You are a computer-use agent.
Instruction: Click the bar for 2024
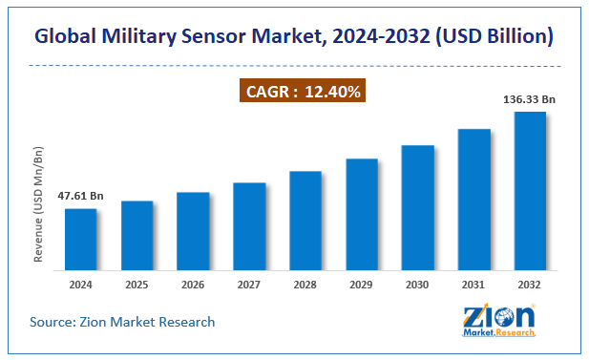click(x=81, y=238)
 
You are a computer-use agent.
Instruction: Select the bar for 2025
click(x=137, y=234)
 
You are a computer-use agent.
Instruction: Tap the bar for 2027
click(x=249, y=224)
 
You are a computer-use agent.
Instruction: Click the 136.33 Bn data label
click(x=530, y=98)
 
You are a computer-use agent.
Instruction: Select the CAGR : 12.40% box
click(x=302, y=92)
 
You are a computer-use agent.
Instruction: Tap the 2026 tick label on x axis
click(x=193, y=285)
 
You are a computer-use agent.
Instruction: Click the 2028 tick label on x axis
click(x=305, y=285)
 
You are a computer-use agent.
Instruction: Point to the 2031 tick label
click(x=474, y=285)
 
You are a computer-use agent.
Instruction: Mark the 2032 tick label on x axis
click(x=530, y=285)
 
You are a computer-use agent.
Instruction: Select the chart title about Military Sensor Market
click(x=294, y=37)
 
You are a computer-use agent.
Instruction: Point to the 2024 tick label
click(x=81, y=285)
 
